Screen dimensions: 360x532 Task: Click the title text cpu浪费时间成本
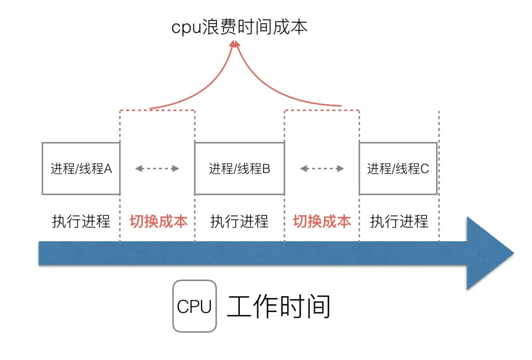[x=239, y=27]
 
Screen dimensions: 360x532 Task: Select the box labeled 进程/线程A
[x=81, y=169]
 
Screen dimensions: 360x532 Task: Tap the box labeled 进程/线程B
[x=239, y=169]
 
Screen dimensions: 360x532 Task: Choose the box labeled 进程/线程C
[x=398, y=169]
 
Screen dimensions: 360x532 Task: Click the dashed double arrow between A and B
[x=157, y=169]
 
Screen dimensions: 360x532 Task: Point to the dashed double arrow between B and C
[x=322, y=169]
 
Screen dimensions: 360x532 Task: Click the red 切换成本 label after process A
[x=158, y=221]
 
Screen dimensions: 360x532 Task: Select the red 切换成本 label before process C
[x=322, y=221]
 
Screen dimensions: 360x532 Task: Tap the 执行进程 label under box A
[x=81, y=221]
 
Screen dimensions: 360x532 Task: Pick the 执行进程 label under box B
[x=239, y=221]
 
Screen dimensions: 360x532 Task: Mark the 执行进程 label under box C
[x=399, y=221]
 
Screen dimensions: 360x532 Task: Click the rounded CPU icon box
[x=194, y=306]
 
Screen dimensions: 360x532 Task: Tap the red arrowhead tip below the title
[x=234, y=43]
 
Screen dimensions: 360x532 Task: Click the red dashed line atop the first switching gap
[x=157, y=110]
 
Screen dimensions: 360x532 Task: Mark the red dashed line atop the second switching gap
[x=322, y=110]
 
